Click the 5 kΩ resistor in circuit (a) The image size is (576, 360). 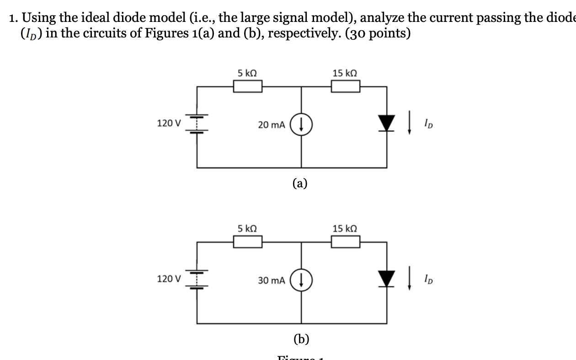[x=247, y=86]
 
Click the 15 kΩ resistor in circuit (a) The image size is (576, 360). [x=345, y=86]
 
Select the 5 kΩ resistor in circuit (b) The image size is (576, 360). [x=247, y=241]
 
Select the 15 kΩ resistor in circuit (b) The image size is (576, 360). [x=345, y=241]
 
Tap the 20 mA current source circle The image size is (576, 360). [x=301, y=124]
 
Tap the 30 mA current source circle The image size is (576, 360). [x=301, y=280]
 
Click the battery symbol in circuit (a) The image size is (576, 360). [x=197, y=123]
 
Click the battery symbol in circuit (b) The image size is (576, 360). [x=197, y=279]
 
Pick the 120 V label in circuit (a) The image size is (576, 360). [x=169, y=123]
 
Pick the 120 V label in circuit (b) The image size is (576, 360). [x=169, y=278]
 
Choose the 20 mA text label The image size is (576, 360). [x=272, y=125]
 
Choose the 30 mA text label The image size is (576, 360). [x=272, y=280]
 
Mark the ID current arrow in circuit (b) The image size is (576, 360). [x=410, y=279]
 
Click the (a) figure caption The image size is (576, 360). [x=300, y=184]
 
